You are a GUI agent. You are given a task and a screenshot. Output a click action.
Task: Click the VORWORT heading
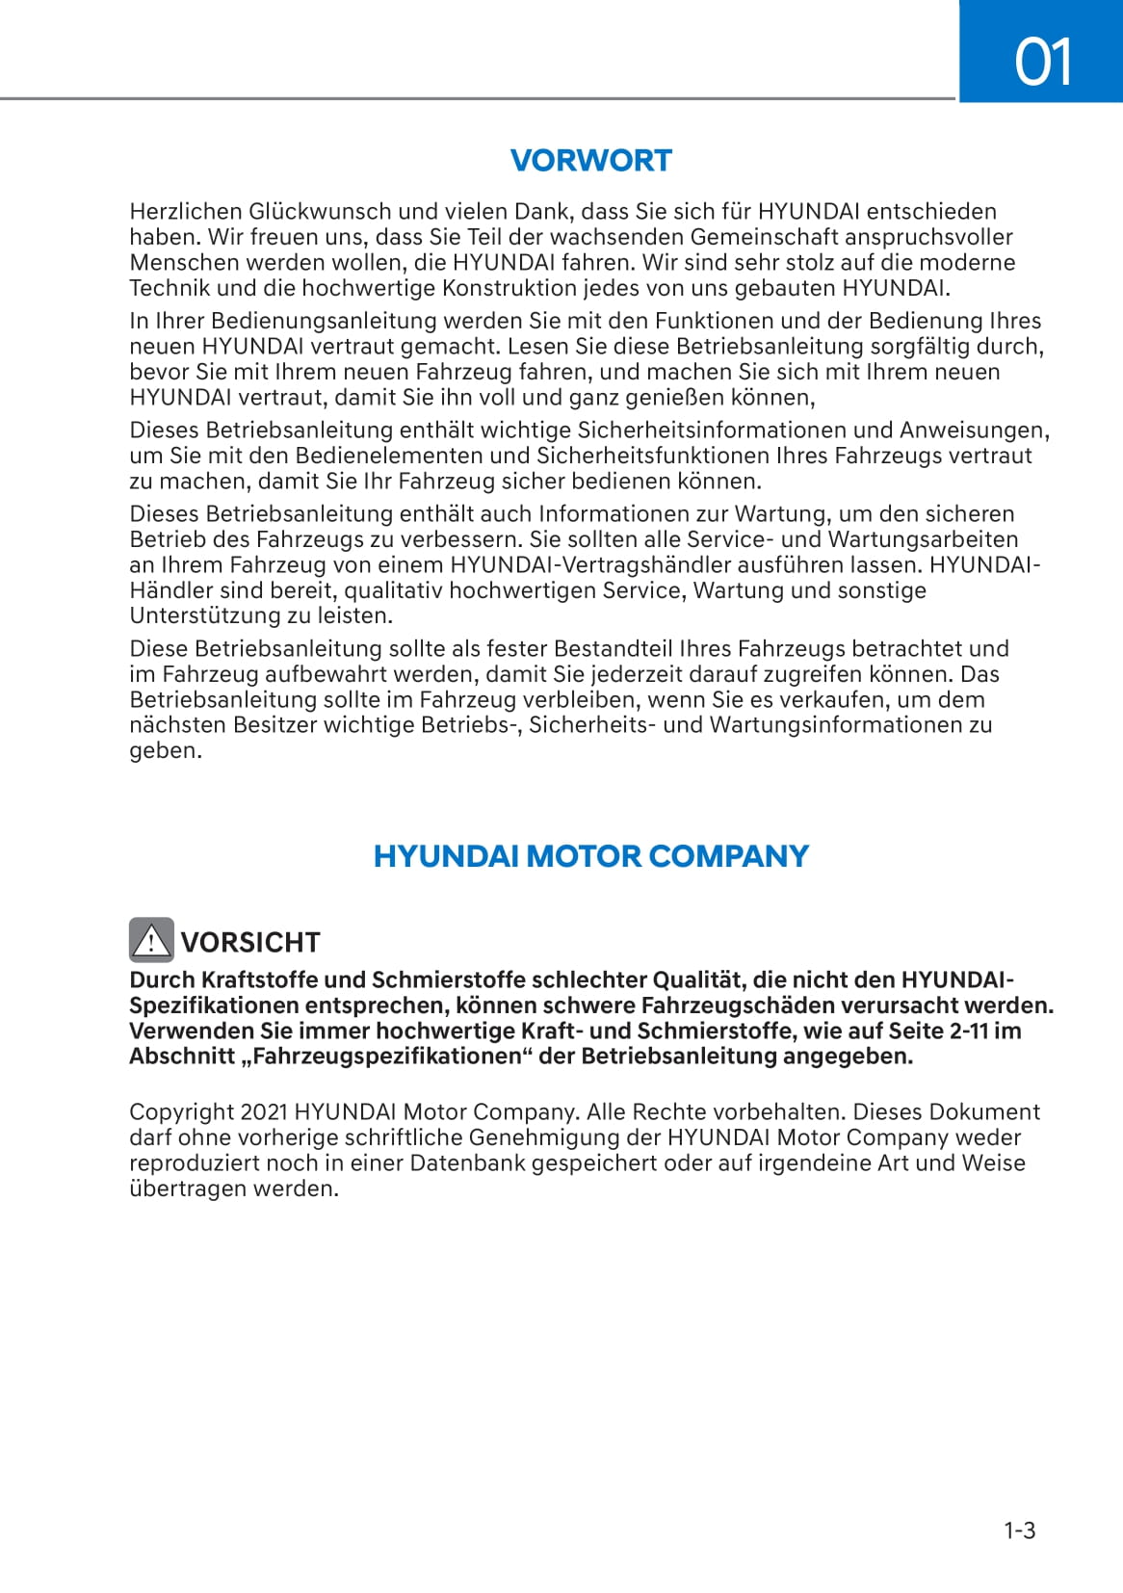pos(590,160)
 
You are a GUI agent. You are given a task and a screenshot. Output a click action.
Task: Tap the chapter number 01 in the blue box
pos(1042,63)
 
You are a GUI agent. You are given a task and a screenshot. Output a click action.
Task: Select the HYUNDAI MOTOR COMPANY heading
pos(590,855)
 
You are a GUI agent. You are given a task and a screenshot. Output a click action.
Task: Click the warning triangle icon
pos(151,940)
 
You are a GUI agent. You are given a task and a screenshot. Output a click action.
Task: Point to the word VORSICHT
pos(250,942)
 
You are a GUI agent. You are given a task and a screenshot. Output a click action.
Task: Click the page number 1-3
pos(1019,1530)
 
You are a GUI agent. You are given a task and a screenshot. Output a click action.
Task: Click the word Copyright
pos(181,1112)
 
